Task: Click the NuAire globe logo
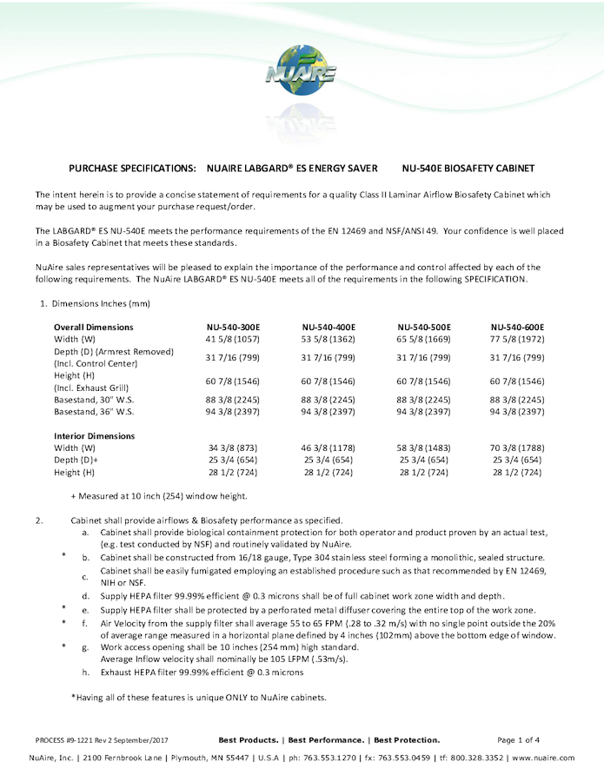301,74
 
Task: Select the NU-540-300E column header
234,327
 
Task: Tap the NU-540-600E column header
517,327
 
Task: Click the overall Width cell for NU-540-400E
329,339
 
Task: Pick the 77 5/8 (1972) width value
517,339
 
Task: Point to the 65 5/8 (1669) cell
424,339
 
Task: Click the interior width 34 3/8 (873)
234,448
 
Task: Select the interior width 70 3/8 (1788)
517,448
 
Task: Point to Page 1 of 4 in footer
519,739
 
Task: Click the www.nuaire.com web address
543,758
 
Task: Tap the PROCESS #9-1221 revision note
102,739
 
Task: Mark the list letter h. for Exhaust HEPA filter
85,673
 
